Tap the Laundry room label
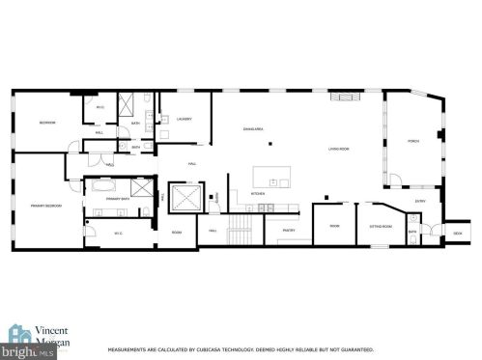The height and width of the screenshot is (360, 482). click(184, 119)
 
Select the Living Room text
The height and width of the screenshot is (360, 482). click(338, 149)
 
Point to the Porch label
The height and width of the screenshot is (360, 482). click(413, 142)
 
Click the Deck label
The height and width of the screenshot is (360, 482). click(458, 233)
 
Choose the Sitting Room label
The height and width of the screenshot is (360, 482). click(380, 226)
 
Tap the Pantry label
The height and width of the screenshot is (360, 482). click(288, 231)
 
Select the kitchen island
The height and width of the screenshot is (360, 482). click(271, 179)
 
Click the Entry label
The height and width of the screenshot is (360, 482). click(419, 201)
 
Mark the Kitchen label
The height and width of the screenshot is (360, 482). click(258, 193)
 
